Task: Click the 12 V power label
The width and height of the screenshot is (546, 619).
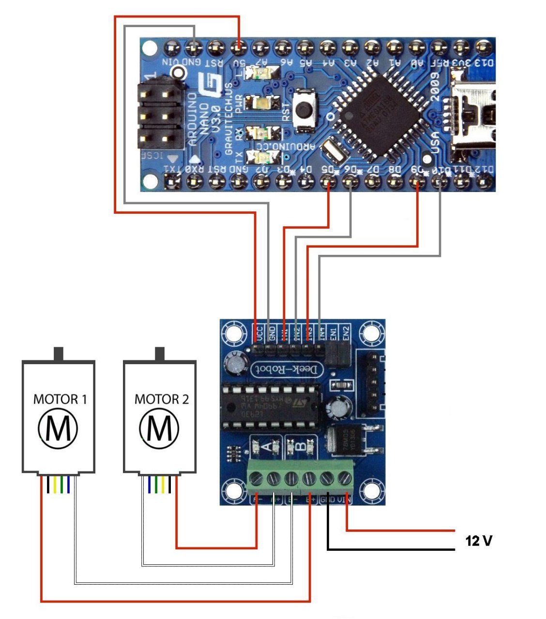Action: pos(479,541)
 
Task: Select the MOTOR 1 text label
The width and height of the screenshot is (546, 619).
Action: pos(60,399)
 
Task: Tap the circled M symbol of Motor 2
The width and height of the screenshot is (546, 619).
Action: pos(159,428)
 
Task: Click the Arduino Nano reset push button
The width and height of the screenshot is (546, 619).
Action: pos(304,109)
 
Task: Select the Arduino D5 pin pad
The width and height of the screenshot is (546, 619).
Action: pos(329,182)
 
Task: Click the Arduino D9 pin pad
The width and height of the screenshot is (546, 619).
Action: pos(417,182)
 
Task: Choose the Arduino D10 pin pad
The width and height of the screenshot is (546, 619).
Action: pos(440,182)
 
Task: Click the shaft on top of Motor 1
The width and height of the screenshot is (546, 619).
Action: pos(59,354)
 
